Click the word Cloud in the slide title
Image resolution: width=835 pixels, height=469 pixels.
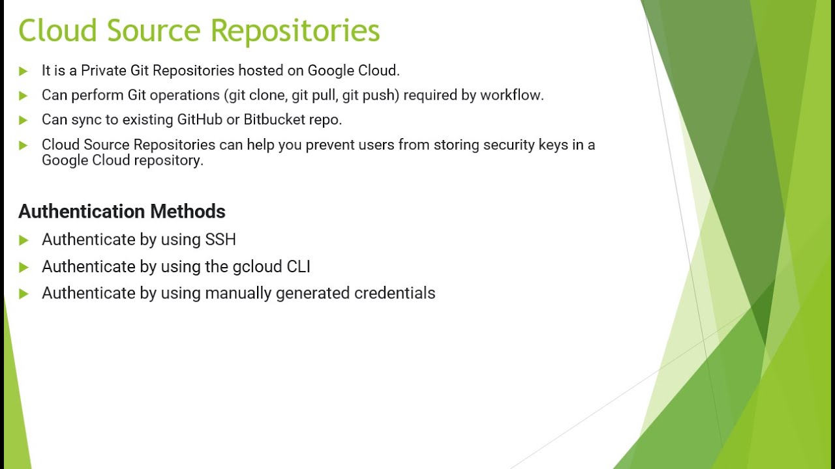point(58,31)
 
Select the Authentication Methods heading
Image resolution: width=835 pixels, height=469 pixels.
point(122,212)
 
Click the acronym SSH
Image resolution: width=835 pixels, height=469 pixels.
point(220,240)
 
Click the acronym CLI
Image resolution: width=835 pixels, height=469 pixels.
point(299,267)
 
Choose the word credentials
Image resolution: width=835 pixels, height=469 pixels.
point(395,293)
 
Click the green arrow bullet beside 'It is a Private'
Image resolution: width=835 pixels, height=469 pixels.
point(23,71)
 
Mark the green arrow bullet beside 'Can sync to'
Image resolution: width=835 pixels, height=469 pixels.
point(23,121)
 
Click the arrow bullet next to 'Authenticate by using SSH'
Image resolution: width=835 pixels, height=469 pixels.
point(23,240)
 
